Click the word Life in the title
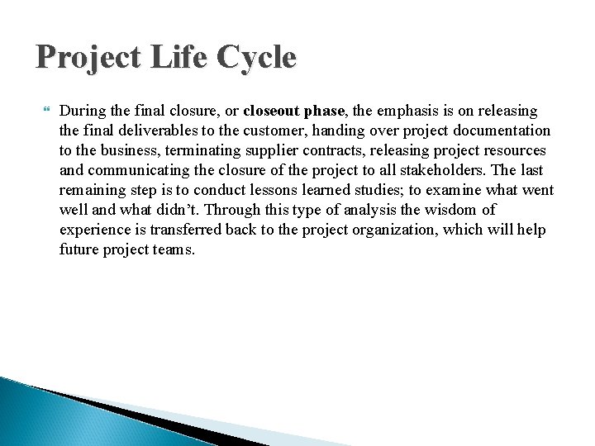(169, 58)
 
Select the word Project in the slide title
(81, 58)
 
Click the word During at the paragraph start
(81, 110)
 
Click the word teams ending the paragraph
(174, 249)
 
